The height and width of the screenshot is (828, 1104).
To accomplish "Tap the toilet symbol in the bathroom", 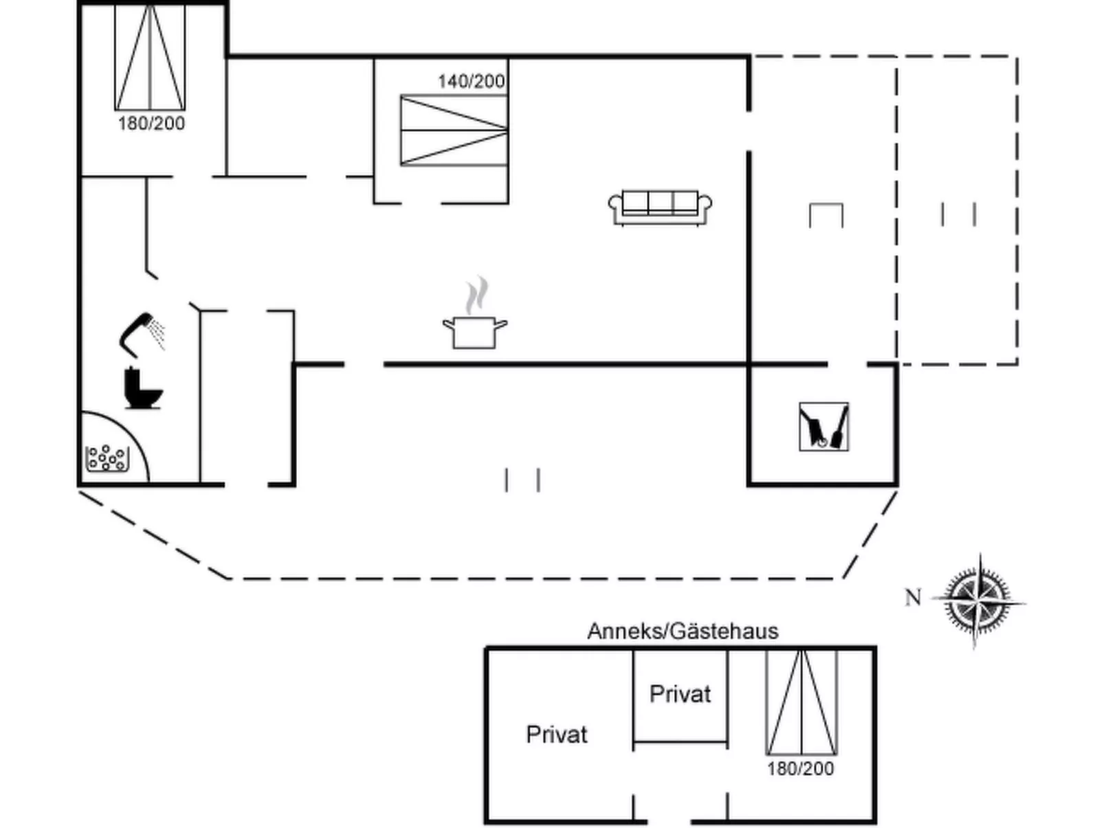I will tap(143, 389).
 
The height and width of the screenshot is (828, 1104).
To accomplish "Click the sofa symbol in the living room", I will tap(660, 207).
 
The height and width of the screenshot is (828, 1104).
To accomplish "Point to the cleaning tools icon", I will tap(824, 427).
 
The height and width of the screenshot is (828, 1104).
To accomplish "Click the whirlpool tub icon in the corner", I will tap(107, 458).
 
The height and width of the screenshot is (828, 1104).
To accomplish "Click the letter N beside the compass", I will tap(913, 598).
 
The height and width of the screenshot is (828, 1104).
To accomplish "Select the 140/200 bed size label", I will tap(472, 81).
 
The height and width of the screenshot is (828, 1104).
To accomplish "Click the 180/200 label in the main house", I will tap(151, 124).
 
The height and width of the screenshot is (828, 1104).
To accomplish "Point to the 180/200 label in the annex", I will tap(800, 768).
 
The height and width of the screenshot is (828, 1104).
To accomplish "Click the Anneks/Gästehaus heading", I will tap(683, 631).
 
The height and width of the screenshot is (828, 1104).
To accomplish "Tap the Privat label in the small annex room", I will tap(680, 694).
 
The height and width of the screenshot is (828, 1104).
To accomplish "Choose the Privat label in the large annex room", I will tap(557, 735).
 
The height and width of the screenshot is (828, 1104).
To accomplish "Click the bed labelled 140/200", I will tap(454, 131).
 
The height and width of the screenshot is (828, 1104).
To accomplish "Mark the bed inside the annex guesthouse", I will tap(802, 702).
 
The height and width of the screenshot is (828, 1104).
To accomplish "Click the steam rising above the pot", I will tap(476, 295).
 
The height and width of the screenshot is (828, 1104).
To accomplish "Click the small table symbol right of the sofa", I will tap(826, 215).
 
